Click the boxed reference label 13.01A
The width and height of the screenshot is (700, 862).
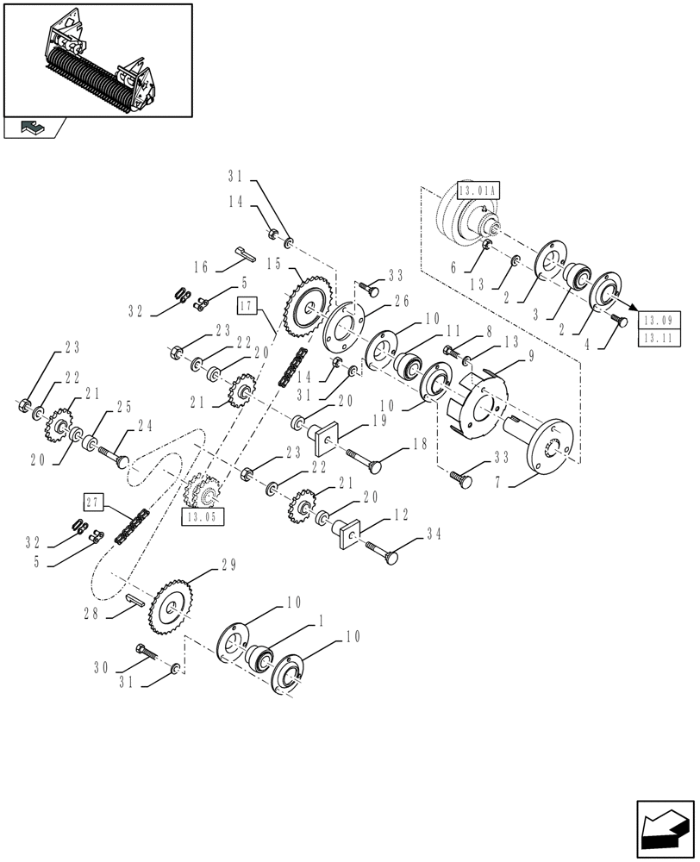pyautogui.click(x=478, y=191)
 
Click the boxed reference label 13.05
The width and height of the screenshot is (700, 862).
pyautogui.click(x=203, y=516)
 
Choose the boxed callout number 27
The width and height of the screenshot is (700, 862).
pyautogui.click(x=95, y=503)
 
